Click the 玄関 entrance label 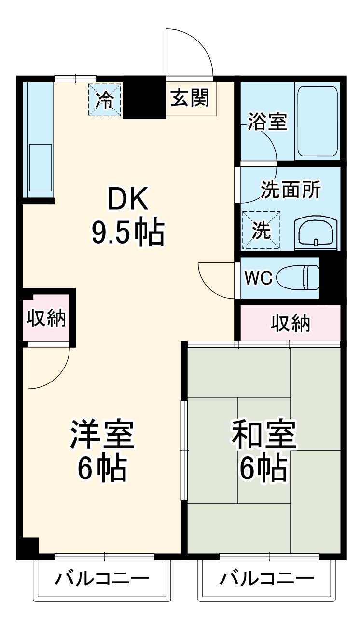[x=190, y=98]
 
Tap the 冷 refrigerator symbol [x=104, y=99]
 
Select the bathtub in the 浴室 [x=317, y=122]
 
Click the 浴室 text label [x=268, y=122]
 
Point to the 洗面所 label [x=290, y=190]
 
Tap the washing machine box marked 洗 [x=261, y=231]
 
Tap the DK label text [x=127, y=199]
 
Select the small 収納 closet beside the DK [x=46, y=318]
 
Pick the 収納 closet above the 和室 [x=290, y=324]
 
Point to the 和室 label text [x=263, y=434]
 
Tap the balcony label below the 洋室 [x=102, y=578]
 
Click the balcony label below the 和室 [x=267, y=578]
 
